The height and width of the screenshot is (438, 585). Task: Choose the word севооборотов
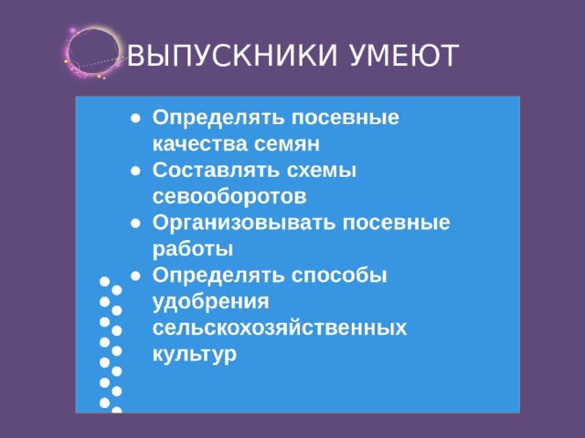pos(229,196)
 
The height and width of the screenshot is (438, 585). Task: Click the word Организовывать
pos(242,223)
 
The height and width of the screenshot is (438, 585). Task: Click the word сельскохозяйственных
pos(280,327)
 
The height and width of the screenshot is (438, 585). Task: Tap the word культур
pos(195,353)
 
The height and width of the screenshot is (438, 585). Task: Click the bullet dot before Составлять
pos(134,171)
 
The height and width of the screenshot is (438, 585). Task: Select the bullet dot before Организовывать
pos(134,223)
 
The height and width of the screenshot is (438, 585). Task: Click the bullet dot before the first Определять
pos(134,119)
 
